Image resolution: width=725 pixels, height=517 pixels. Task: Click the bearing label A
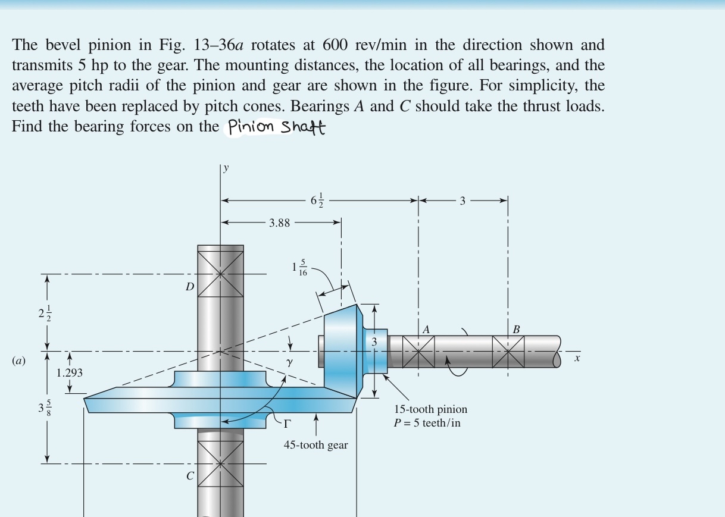click(426, 329)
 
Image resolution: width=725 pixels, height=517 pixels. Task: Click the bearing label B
click(516, 329)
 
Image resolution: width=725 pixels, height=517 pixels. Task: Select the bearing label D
click(189, 287)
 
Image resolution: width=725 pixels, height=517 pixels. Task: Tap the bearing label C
click(190, 475)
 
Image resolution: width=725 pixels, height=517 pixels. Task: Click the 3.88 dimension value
click(279, 223)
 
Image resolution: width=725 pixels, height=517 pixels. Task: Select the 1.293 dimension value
click(70, 373)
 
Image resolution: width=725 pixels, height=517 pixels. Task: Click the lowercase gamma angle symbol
click(289, 361)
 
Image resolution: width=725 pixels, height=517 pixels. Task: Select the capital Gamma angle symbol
click(287, 423)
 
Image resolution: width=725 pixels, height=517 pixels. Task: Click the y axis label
click(226, 168)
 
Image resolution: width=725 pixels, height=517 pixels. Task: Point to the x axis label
click(577, 358)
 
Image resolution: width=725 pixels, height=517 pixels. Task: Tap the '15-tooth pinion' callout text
click(430, 409)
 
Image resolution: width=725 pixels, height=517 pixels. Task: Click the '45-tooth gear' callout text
click(315, 445)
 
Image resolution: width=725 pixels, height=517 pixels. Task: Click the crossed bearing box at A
click(418, 352)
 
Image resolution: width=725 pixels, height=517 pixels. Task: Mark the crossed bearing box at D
click(220, 274)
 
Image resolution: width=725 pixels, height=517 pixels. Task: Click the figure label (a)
click(19, 361)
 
